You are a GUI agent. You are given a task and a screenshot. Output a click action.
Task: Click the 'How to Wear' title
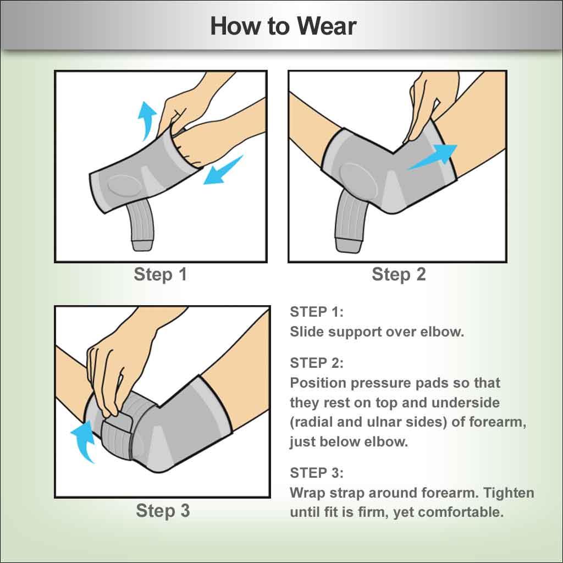[283, 26]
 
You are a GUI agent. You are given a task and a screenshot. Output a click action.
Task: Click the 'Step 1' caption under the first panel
[160, 274]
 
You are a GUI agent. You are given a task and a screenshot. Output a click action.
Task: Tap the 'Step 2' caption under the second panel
[399, 274]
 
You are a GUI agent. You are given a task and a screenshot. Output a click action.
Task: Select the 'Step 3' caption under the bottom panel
[163, 510]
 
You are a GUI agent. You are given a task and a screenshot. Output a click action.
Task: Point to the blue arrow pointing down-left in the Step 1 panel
[223, 170]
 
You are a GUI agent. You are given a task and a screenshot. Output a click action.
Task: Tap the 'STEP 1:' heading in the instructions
[316, 312]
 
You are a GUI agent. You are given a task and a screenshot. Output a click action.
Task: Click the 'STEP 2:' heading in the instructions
[316, 363]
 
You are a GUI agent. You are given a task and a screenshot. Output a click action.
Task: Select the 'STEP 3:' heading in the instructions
[316, 473]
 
